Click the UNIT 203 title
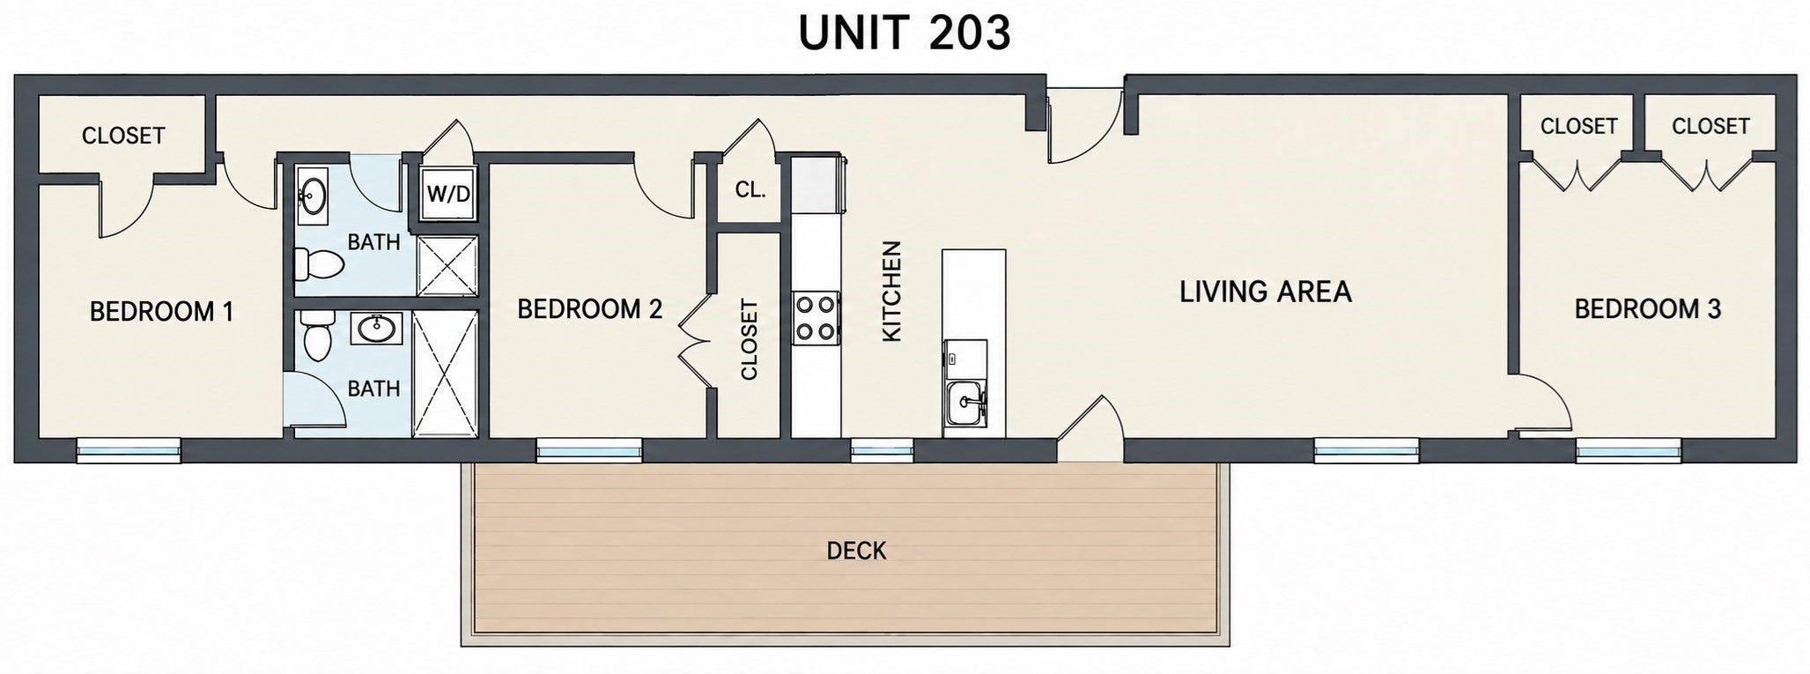(905, 33)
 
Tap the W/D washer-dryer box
(448, 193)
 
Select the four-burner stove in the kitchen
(816, 319)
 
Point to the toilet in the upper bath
(318, 262)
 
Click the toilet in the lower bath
(315, 336)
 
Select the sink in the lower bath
(379, 329)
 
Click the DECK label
(856, 552)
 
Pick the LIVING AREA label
(1265, 292)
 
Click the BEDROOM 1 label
(162, 312)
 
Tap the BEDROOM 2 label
(589, 309)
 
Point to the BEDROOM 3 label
(1647, 309)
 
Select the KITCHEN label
(892, 292)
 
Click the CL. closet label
(750, 189)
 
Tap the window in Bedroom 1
(129, 451)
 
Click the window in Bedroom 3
(1629, 452)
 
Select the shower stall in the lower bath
(445, 374)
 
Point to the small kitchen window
(882, 451)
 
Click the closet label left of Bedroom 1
(123, 136)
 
